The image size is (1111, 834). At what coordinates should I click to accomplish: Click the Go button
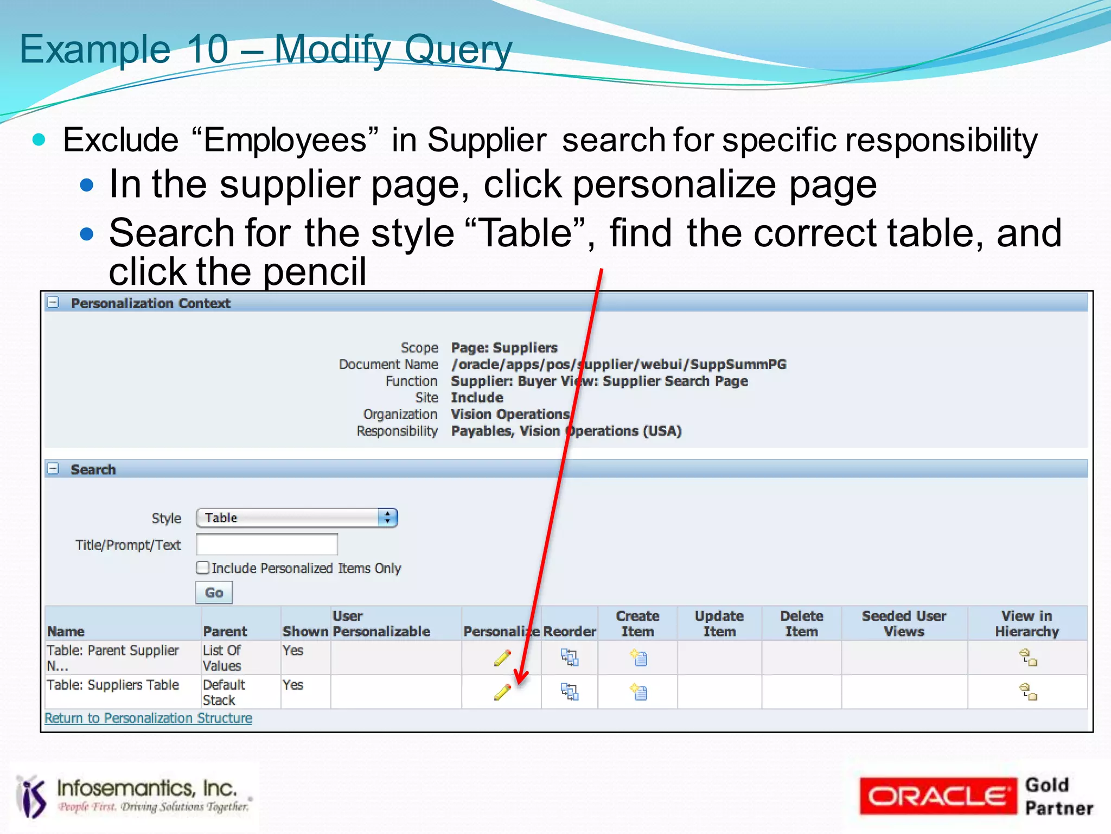(214, 593)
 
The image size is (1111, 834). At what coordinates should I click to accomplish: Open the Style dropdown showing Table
(297, 518)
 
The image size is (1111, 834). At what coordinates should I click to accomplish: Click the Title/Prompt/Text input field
(267, 544)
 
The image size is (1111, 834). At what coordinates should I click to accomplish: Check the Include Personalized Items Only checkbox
(203, 568)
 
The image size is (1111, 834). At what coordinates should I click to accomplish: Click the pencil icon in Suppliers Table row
(502, 692)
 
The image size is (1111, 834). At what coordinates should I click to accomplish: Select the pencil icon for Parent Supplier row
(502, 658)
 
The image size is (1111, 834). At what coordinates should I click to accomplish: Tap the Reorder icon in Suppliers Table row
(570, 692)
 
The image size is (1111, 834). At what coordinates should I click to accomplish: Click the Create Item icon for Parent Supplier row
(638, 658)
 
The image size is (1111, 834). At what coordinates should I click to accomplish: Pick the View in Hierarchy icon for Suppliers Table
(1028, 692)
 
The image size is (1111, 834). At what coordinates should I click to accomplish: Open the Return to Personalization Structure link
(148, 718)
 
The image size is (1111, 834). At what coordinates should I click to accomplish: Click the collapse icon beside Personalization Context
(53, 302)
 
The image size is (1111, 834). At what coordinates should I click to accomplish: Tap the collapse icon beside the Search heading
(53, 468)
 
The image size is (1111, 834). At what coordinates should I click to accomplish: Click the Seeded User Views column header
(904, 623)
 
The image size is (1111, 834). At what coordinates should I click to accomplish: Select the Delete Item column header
(801, 623)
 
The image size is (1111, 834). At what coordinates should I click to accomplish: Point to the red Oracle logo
(937, 796)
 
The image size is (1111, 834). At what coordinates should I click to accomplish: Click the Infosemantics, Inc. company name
(146, 788)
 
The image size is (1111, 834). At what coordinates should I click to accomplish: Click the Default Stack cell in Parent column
(224, 692)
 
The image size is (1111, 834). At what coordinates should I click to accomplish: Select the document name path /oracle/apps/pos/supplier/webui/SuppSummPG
(618, 364)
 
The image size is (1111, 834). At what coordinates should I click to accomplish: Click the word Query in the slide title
(458, 50)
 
